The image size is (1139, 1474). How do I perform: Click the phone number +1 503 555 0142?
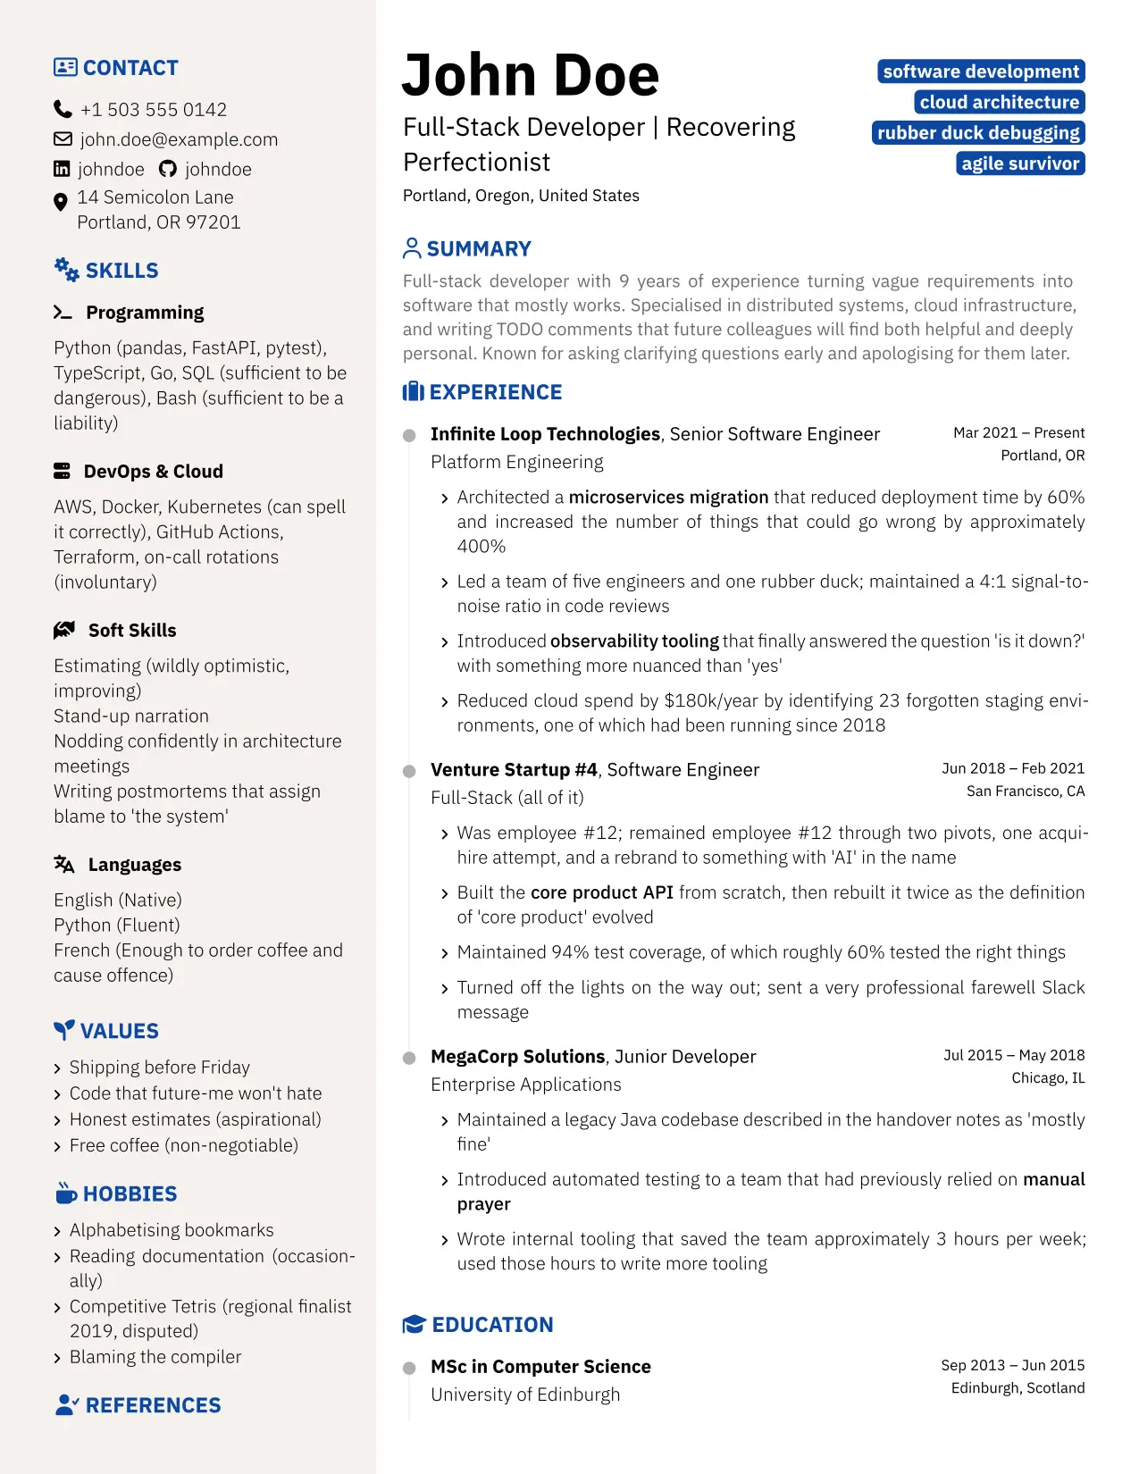tap(153, 110)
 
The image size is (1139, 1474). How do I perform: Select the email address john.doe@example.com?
tap(179, 139)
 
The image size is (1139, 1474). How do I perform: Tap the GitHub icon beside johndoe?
tap(167, 169)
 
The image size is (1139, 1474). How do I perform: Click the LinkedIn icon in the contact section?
tap(62, 169)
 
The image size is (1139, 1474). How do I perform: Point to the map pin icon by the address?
tap(61, 202)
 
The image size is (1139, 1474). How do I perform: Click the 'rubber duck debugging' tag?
tap(978, 133)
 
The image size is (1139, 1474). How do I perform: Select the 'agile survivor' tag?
tap(1020, 163)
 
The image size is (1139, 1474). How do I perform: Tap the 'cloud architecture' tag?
tap(999, 102)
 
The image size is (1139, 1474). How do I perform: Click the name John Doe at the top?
tap(531, 75)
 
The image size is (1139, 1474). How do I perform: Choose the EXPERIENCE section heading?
tap(495, 392)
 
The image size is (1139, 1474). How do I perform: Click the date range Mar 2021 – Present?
tap(1018, 432)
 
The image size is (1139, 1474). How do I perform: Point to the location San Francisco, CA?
tap(1025, 791)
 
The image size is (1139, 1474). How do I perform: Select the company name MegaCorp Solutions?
tap(517, 1057)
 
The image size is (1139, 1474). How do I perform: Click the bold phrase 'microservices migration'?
tap(668, 497)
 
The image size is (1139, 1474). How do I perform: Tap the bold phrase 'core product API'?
tap(601, 892)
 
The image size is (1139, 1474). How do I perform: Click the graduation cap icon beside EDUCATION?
tap(414, 1325)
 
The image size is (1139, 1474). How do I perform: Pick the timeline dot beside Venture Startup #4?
tap(409, 771)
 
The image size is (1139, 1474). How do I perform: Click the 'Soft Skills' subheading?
tap(132, 631)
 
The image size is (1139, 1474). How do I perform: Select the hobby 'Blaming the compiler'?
tap(155, 1357)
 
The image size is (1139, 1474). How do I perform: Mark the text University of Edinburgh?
tap(525, 1394)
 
